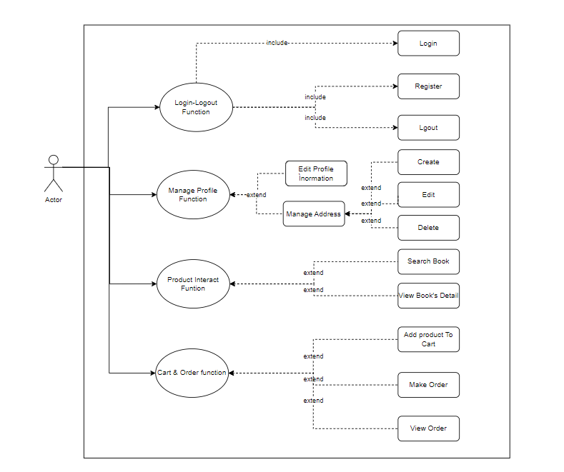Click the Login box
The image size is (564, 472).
click(x=428, y=44)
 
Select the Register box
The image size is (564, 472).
click(x=428, y=86)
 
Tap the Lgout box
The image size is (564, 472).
click(x=428, y=128)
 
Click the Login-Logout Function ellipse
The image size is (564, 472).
click(x=196, y=107)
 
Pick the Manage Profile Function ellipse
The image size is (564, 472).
click(x=193, y=194)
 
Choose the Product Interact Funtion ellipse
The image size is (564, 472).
click(x=193, y=283)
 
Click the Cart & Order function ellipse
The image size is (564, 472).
click(x=192, y=373)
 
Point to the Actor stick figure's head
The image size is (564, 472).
click(x=53, y=159)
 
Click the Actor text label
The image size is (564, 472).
click(x=54, y=200)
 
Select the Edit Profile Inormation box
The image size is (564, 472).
click(x=315, y=174)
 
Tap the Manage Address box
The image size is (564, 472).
click(x=314, y=214)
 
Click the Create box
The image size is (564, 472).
click(x=428, y=162)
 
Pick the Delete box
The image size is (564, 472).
click(x=428, y=228)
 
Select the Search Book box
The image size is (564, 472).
click(x=428, y=261)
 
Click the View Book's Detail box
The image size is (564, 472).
click(x=428, y=296)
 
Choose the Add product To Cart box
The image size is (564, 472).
click(x=428, y=339)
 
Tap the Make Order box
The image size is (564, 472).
click(x=428, y=385)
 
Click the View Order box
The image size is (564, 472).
click(x=428, y=428)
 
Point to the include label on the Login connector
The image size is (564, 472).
click(x=277, y=43)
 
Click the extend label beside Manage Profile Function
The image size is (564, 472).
click(x=256, y=195)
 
